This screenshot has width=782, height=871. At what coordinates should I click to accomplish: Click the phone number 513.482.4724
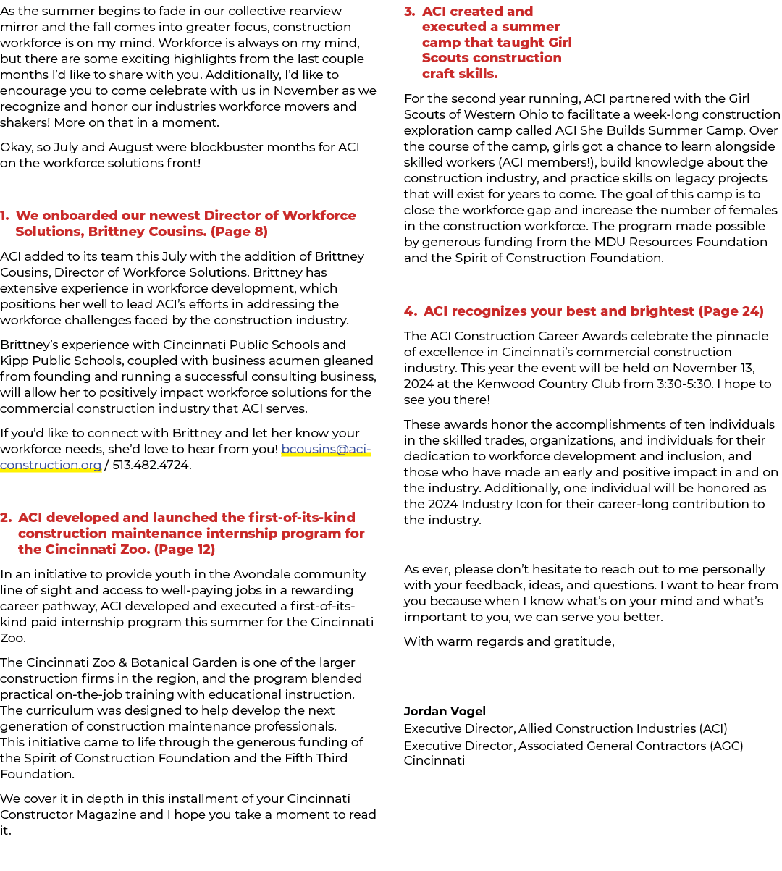coord(152,465)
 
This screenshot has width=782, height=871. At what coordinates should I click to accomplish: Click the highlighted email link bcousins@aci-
coord(326,449)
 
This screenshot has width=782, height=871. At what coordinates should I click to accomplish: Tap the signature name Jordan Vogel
coord(445,711)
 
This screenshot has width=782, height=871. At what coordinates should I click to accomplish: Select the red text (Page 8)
coord(239,231)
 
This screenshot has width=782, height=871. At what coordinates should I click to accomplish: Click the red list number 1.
coord(5,215)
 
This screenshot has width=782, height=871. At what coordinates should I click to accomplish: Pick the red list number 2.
coord(6,517)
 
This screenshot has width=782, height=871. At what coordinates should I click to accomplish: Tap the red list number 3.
coord(409,11)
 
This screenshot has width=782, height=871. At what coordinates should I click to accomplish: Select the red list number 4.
coord(410,311)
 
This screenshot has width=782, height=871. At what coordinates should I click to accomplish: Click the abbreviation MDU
coord(610,242)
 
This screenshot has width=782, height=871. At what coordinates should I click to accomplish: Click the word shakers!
coord(25,122)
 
